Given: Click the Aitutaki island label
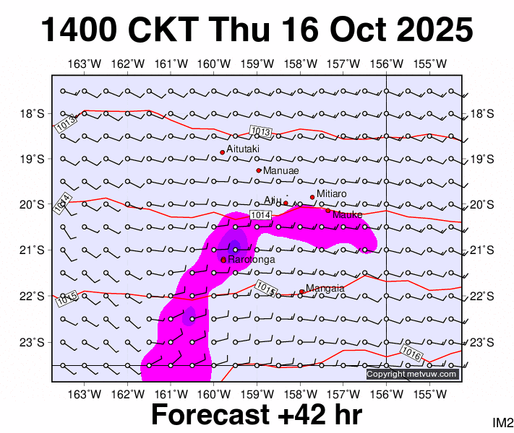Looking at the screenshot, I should [244, 149].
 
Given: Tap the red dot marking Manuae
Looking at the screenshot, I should [259, 170].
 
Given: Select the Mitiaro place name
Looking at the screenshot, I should [332, 194].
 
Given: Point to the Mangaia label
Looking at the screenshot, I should [325, 289].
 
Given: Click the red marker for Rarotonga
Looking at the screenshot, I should [223, 260].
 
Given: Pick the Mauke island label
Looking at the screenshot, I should [347, 214].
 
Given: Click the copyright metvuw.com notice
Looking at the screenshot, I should [412, 374].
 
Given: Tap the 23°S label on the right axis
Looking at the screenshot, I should [481, 342].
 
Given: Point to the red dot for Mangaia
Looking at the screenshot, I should [301, 292].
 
